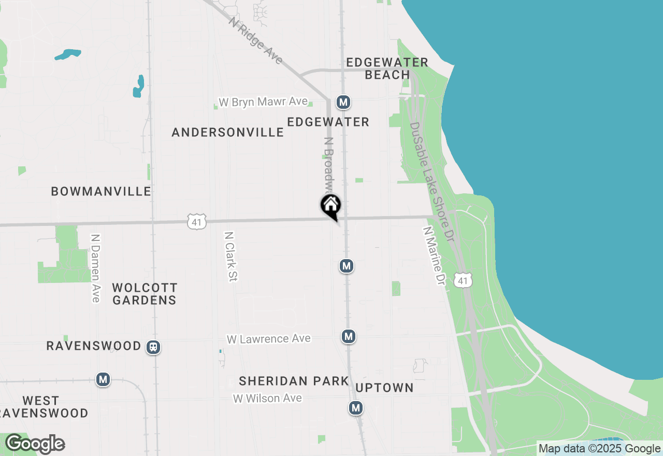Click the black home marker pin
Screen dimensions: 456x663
pos(330,206)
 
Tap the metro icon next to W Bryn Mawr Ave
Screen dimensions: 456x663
pos(343,102)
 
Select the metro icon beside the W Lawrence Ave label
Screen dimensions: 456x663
pos(349,336)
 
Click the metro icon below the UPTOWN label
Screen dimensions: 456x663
pos(355,408)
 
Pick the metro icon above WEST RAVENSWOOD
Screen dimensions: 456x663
pos(103,380)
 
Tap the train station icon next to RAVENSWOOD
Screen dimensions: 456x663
pos(153,347)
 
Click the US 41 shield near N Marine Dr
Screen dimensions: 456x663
pos(463,281)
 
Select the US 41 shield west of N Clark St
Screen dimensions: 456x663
pos(197,221)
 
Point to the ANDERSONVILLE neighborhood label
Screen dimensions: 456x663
pos(227,133)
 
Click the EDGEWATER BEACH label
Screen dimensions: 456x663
pos(387,68)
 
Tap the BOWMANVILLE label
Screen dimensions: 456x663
pos(101,192)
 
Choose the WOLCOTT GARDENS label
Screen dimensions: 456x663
pos(145,294)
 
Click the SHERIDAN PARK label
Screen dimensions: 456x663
pos(294,381)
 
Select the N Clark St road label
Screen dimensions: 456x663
pos(231,256)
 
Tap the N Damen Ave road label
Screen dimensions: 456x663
pos(95,268)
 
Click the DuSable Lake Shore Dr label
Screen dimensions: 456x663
pos(431,181)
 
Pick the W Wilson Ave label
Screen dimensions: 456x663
pos(267,398)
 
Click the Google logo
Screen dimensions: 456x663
pos(35,444)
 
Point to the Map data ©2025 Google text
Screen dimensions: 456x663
pos(599,449)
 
